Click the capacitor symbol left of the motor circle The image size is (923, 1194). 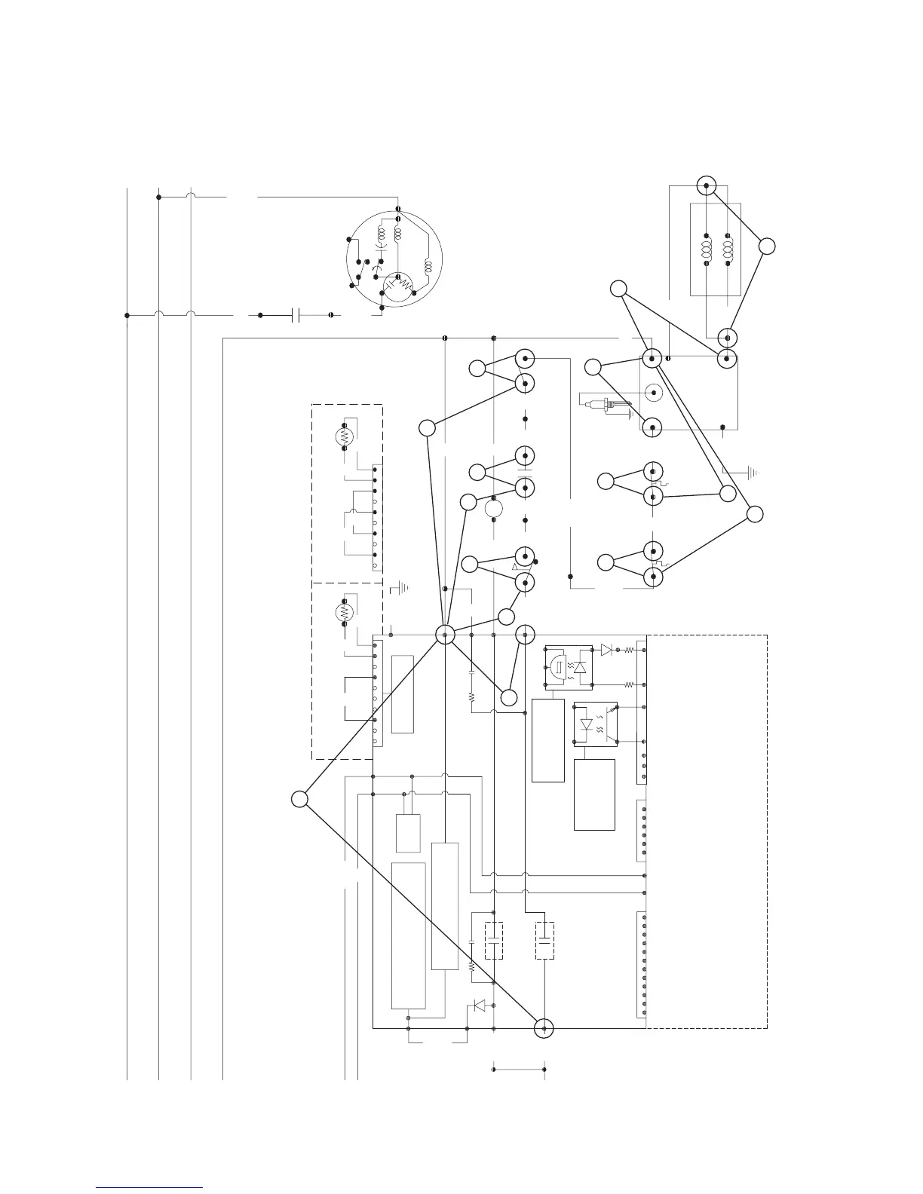coord(296,314)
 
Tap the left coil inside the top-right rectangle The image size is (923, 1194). coord(707,247)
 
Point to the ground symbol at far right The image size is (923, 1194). coord(751,473)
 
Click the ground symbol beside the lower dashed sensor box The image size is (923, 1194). coord(400,586)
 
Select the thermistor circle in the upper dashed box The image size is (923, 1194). coord(345,436)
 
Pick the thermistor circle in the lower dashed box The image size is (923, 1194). coord(345,612)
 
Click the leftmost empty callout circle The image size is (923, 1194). coord(299,799)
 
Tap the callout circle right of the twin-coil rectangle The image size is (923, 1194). coord(767,246)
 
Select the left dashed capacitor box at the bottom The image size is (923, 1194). coord(494,940)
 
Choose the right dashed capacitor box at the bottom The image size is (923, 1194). coord(544,940)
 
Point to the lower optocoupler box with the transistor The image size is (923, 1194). coord(596,726)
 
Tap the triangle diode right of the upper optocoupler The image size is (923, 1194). coord(606,649)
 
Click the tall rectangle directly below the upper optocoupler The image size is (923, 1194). coord(548,740)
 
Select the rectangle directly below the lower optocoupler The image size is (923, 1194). coord(594,794)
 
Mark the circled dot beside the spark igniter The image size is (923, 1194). coord(653,392)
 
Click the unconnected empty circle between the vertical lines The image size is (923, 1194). coord(494,508)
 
